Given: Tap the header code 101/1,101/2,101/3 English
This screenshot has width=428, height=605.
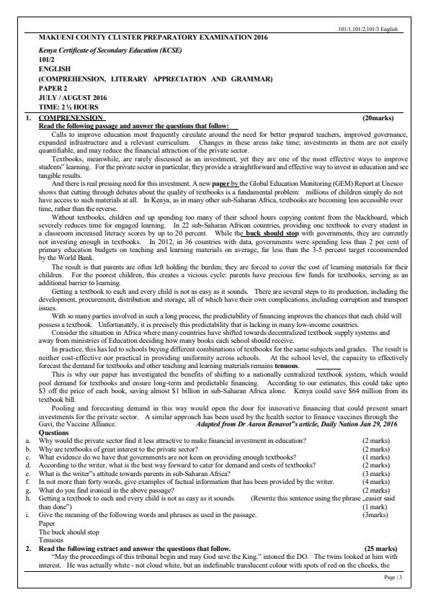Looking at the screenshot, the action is (370, 27).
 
